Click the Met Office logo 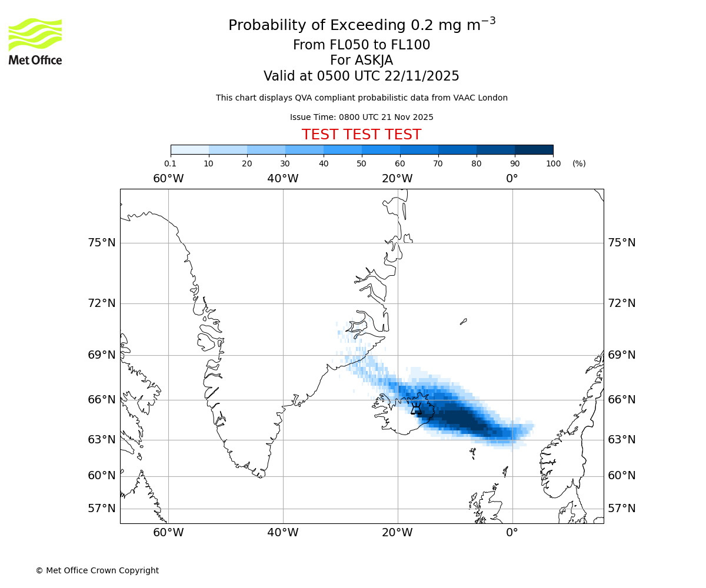point(35,41)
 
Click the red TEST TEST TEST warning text point(361,135)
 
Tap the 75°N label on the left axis point(102,243)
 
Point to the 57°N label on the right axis point(621,509)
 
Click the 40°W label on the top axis point(282,178)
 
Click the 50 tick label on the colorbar point(361,163)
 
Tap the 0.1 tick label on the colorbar point(170,163)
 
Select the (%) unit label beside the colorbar point(579,163)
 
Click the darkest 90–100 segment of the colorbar point(534,149)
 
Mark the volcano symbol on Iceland point(416,409)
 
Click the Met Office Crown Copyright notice point(97,570)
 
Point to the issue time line point(361,117)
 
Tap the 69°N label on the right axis point(621,355)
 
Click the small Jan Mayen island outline point(463,321)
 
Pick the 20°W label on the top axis point(397,178)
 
